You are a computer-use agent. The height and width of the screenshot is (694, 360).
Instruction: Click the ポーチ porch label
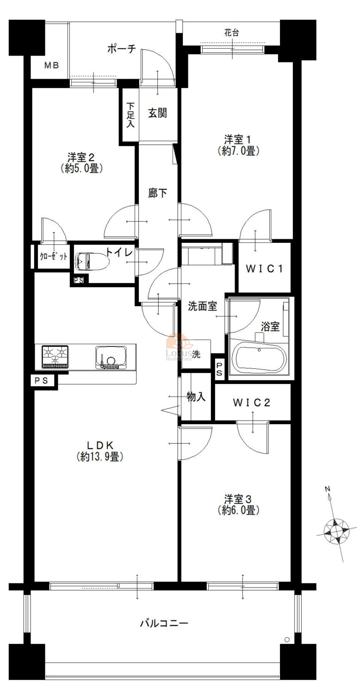click(x=122, y=49)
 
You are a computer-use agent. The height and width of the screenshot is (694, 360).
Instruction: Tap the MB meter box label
click(x=51, y=65)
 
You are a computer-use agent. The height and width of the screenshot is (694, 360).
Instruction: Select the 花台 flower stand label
click(x=232, y=32)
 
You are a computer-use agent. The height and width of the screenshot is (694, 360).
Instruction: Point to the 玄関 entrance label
click(x=157, y=113)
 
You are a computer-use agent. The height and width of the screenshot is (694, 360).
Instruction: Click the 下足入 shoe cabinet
click(x=130, y=115)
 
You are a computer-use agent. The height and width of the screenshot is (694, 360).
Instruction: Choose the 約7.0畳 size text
click(x=238, y=151)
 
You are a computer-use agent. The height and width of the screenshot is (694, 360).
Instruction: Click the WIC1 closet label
click(x=264, y=269)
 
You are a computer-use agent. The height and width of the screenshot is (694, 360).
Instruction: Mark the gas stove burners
click(x=55, y=356)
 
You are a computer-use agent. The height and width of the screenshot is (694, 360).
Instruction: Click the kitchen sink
click(x=111, y=357)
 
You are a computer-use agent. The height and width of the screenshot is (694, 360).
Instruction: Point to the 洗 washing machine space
click(x=196, y=354)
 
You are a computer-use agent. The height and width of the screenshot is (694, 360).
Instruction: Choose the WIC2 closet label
click(x=251, y=403)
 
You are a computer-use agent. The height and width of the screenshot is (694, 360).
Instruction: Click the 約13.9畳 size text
click(x=100, y=457)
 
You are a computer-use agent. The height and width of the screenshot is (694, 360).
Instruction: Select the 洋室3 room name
click(x=238, y=499)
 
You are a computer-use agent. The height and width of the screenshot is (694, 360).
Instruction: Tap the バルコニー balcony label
click(x=164, y=623)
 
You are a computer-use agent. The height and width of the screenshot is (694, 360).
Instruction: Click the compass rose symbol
click(x=336, y=532)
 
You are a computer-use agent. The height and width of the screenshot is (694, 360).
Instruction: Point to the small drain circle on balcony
click(x=287, y=639)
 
